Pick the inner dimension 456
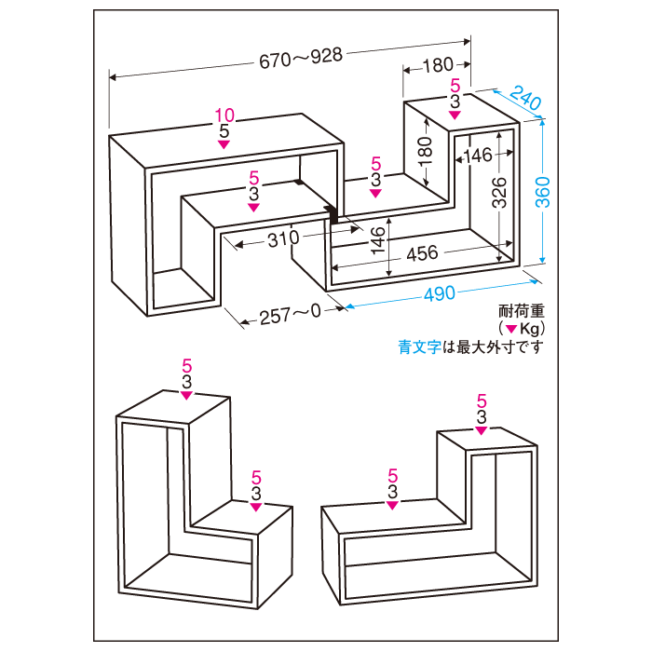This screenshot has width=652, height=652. [424, 253]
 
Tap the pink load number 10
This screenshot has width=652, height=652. [224, 115]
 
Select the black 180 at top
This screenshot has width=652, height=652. [437, 65]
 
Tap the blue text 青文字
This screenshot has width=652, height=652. [418, 347]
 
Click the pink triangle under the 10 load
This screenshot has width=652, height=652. [224, 144]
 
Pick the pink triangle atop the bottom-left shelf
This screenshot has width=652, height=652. [188, 394]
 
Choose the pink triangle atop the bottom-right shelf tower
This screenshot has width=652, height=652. [482, 429]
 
